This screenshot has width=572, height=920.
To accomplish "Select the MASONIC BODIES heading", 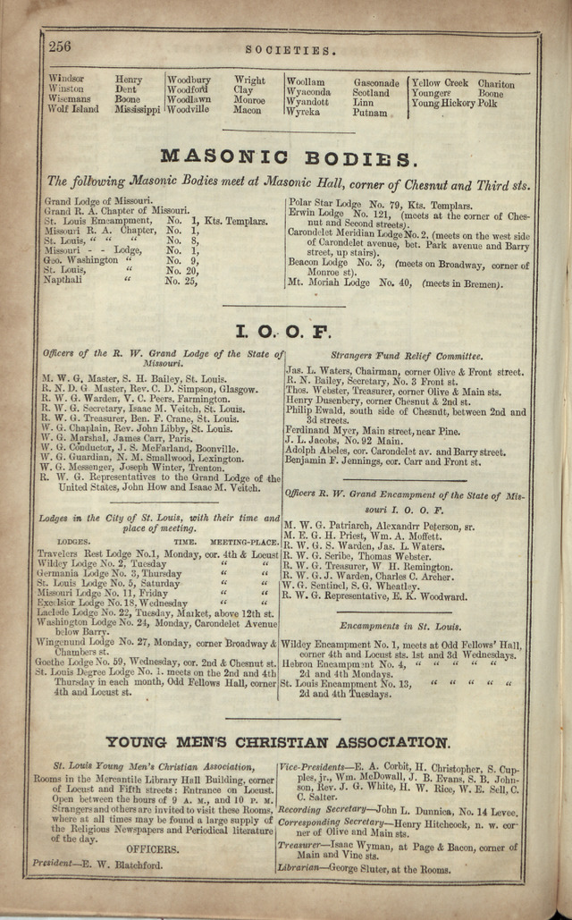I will tap(288, 158).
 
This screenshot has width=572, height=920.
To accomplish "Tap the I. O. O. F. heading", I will tap(282, 333).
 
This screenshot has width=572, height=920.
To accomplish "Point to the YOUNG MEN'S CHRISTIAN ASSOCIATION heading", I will tap(277, 742).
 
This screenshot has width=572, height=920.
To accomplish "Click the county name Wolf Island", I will tap(73, 110).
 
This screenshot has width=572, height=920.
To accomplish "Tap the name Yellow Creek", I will tap(439, 83).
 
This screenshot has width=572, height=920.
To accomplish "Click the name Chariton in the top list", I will tap(496, 83).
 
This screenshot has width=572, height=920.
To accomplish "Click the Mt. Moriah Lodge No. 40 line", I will tap(394, 284).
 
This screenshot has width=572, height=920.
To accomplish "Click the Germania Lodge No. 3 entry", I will tap(98, 572).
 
